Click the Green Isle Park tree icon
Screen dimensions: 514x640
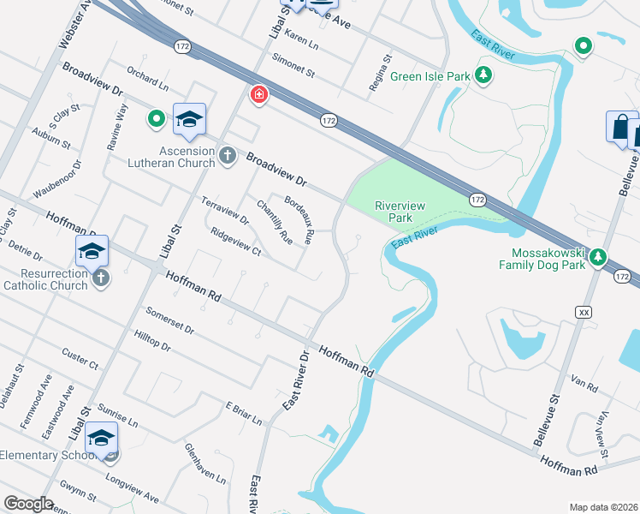point(484,76)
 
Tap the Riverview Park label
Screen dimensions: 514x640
point(394,212)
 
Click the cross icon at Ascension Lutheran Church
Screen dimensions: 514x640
point(227,155)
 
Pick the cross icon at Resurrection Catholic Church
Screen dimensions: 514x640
point(101,278)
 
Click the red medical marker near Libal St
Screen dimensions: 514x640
point(258,95)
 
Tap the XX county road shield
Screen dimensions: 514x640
point(585,312)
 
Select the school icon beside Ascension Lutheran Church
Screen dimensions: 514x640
point(189,120)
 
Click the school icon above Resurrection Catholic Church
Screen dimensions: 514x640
point(92,251)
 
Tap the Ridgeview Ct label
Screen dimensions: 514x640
point(235,241)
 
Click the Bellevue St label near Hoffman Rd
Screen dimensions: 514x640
point(546,419)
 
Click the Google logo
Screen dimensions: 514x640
point(28,504)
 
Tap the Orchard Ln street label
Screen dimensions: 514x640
point(147,77)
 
